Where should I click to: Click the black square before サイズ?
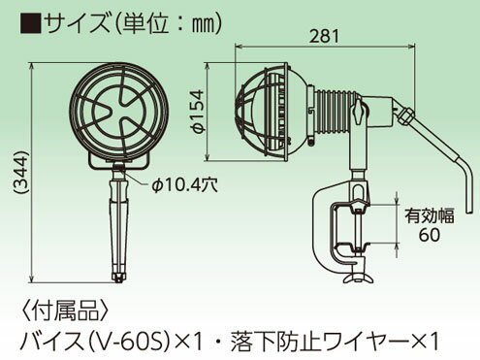coord(31,23)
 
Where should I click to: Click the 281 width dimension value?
coord(325,36)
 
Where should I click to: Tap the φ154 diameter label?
coord(198,112)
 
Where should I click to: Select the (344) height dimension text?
coord(21,173)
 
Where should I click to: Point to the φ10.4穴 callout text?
coord(184,185)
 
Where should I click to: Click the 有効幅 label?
coord(430,215)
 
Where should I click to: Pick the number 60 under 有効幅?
coord(430,235)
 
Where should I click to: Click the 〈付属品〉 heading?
coord(66,311)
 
